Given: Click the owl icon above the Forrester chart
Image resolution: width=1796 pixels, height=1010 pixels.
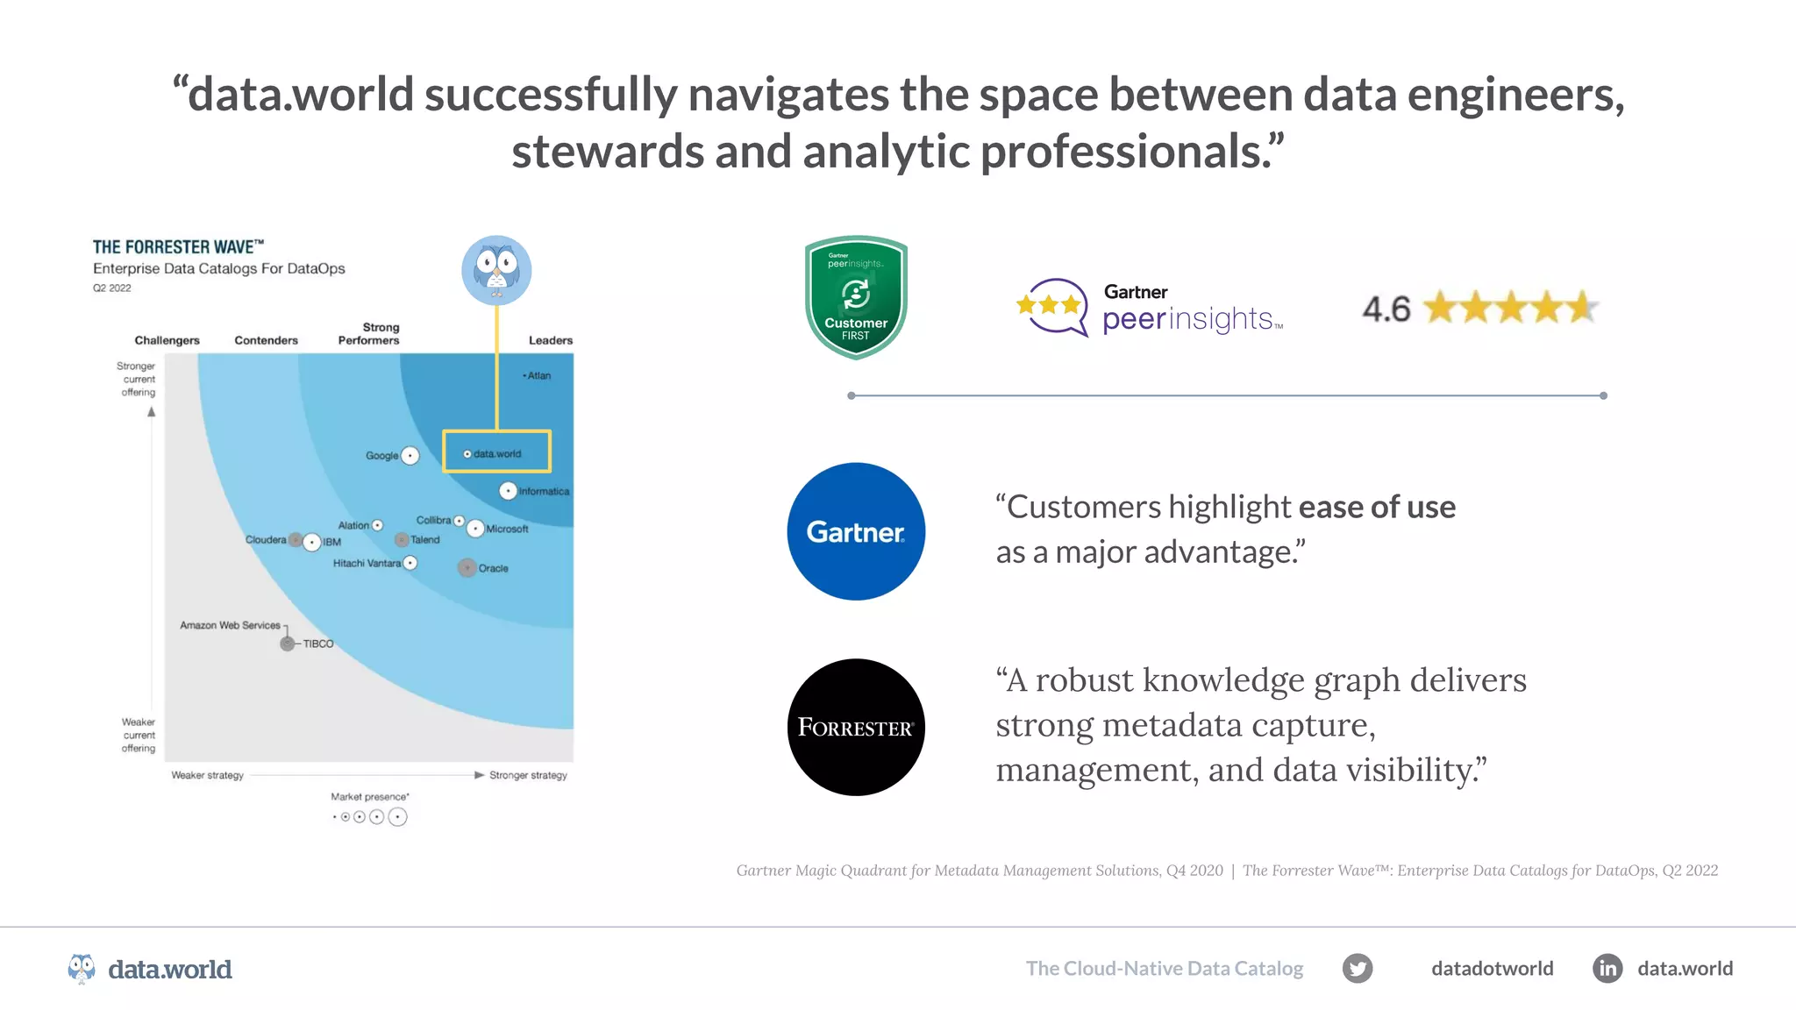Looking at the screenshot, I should click(496, 270).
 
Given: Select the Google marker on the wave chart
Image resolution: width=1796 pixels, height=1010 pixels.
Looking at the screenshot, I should click(410, 456).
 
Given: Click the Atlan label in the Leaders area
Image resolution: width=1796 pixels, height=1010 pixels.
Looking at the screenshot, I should click(538, 375).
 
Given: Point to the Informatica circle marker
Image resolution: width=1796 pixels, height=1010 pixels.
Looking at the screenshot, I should click(508, 491).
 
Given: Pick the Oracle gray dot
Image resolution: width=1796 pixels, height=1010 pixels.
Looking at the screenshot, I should click(467, 568).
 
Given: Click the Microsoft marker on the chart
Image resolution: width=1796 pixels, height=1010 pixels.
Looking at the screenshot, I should click(475, 529).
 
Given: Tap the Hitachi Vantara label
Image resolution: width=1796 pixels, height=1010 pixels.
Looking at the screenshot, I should click(367, 563).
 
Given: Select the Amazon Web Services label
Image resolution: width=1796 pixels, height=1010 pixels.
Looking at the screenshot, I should click(230, 625).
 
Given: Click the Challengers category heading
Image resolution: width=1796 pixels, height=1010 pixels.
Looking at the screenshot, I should click(167, 340).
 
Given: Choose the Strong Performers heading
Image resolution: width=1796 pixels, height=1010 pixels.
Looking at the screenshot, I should click(369, 333).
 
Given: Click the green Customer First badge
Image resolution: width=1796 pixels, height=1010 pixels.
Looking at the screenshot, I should click(856, 298).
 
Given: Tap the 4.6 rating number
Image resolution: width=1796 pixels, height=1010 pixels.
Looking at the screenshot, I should click(1386, 309).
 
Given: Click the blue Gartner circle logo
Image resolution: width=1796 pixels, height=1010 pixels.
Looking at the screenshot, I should click(856, 531).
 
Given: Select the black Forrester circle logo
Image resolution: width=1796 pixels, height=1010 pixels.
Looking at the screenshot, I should click(856, 727).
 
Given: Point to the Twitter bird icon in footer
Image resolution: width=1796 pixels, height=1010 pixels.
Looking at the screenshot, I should click(1358, 968).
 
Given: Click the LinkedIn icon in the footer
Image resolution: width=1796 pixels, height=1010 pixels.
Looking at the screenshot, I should click(1607, 968).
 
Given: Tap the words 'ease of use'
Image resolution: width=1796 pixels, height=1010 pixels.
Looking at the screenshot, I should click(1377, 507).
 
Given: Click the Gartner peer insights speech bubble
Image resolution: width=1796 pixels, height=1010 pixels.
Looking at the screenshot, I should click(1052, 307).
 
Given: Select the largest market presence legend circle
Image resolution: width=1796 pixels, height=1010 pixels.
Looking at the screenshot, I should click(397, 817).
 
